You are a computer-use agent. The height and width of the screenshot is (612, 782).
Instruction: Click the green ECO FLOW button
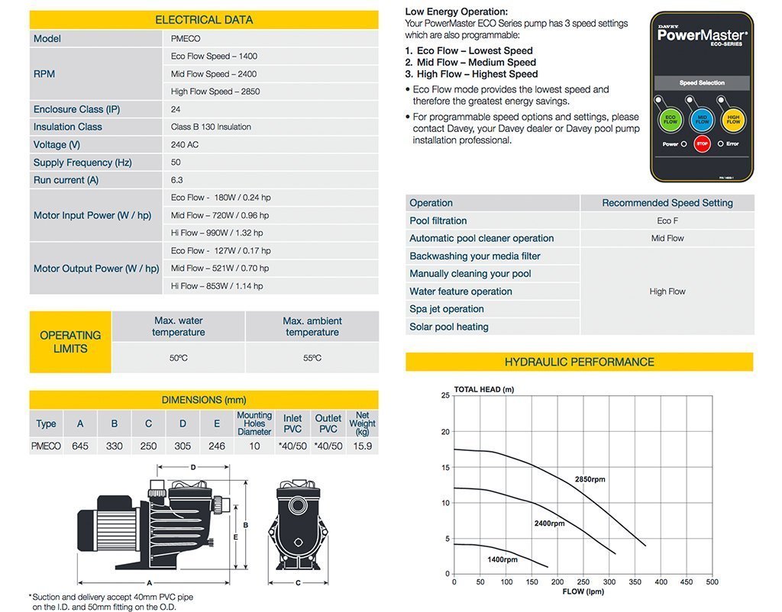click(x=670, y=120)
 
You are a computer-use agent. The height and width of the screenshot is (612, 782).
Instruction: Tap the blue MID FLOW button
click(x=702, y=120)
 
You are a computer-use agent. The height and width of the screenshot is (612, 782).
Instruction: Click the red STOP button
click(x=703, y=143)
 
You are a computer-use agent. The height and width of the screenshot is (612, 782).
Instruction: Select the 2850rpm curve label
click(x=590, y=479)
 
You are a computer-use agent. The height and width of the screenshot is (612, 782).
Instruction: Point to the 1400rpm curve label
click(x=502, y=559)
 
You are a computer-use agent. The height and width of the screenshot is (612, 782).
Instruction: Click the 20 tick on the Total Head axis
click(x=445, y=432)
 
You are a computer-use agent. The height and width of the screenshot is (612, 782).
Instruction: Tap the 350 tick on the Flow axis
click(x=635, y=581)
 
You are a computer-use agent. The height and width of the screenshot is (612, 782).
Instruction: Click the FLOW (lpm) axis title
click(x=583, y=591)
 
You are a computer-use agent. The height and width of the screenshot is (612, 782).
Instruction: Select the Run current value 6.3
click(x=176, y=180)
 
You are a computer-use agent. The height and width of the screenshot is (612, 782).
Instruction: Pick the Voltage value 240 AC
click(x=185, y=144)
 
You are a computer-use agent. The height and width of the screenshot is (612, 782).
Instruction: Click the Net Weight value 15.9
click(x=363, y=446)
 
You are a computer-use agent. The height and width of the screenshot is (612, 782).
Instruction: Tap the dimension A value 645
click(x=79, y=446)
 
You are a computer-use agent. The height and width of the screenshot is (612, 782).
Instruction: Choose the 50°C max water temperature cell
click(x=178, y=358)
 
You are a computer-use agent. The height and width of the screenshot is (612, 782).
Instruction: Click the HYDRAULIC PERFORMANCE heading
click(x=579, y=362)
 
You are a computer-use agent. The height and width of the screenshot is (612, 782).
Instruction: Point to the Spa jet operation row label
click(x=446, y=309)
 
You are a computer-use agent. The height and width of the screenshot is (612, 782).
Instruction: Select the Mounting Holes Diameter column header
click(x=254, y=423)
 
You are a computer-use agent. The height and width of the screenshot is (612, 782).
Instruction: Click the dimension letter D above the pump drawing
click(x=193, y=467)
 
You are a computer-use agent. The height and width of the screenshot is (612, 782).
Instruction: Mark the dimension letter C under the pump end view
click(x=298, y=582)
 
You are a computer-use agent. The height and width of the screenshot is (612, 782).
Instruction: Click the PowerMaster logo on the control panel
click(x=703, y=35)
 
